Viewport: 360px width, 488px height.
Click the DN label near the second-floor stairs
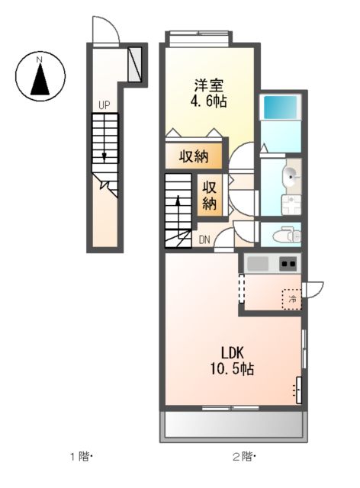pyautogui.click(x=204, y=239)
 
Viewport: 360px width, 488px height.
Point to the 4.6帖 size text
pyautogui.click(x=207, y=101)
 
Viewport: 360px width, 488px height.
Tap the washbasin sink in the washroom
pyautogui.click(x=291, y=177)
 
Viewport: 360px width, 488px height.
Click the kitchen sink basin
pyautogui.click(x=259, y=265)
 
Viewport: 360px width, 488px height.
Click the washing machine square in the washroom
pyautogui.click(x=290, y=204)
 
